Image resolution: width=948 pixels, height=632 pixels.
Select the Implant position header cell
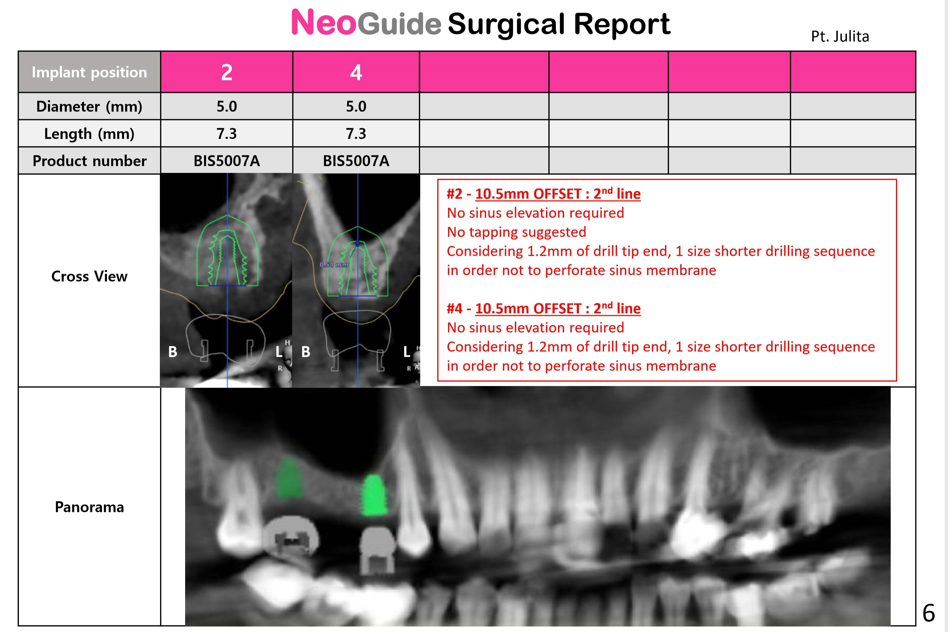89,72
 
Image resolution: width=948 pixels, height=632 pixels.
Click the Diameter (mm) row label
89,106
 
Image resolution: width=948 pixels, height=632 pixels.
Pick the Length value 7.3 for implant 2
227,133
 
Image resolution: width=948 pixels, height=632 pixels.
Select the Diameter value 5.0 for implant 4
356,106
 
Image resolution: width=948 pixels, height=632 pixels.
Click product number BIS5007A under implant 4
356,161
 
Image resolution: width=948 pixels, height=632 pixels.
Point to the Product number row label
89,161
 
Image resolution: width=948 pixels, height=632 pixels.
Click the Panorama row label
89,507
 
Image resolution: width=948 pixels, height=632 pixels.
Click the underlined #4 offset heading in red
544,308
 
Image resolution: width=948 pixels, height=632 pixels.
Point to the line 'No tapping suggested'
517,232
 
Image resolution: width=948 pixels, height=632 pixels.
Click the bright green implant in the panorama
374,495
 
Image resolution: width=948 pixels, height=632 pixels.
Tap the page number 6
929,613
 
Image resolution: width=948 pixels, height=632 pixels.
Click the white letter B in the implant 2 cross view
172,352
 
